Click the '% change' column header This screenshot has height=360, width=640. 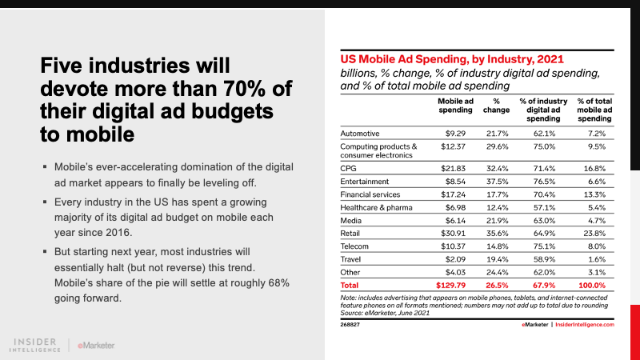click(x=497, y=106)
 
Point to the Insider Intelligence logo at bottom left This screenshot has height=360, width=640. click(x=38, y=344)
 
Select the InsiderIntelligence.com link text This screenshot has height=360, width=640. click(x=582, y=325)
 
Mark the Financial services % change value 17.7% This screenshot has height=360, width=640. click(x=497, y=194)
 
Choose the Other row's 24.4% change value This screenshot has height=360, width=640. click(x=497, y=271)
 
